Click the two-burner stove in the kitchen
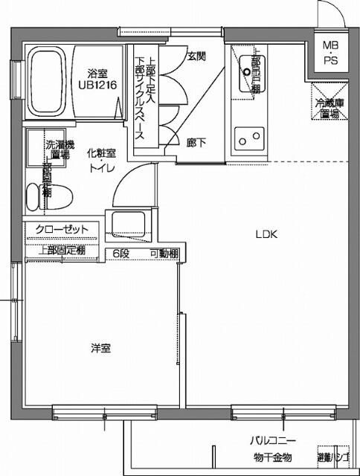248,138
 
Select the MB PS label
330,53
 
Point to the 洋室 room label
101,347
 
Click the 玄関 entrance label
196,56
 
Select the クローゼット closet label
62,229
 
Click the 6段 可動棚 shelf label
144,253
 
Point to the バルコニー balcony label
271,440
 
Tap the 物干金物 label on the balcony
271,457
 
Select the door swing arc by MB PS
328,13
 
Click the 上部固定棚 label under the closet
62,251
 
